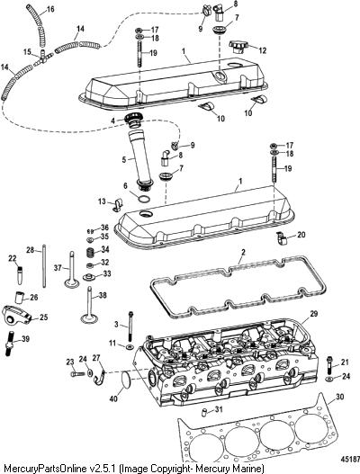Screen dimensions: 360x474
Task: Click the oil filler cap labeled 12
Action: (238, 47)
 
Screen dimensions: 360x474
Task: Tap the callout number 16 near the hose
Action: (49, 9)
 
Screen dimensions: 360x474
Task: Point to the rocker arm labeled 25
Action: (16, 315)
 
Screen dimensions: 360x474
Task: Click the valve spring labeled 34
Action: (89, 252)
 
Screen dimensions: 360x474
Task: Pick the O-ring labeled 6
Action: (144, 199)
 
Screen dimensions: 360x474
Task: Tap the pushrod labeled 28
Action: (44, 266)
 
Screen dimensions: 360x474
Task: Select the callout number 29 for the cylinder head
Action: (314, 314)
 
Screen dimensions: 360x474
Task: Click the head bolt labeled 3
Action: (130, 327)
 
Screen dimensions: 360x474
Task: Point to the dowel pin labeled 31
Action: (204, 412)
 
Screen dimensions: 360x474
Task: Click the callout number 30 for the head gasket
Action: (339, 397)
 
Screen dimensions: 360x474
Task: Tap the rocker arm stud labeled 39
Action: (10, 344)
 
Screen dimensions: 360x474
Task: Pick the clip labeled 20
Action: (282, 237)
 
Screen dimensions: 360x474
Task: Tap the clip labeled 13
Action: (117, 204)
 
